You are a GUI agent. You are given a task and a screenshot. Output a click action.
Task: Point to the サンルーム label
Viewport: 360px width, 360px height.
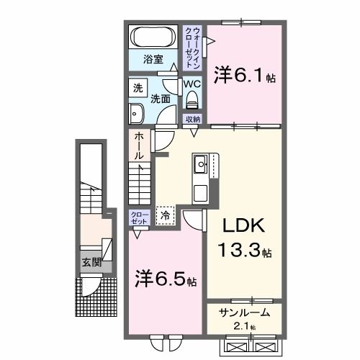[244, 314]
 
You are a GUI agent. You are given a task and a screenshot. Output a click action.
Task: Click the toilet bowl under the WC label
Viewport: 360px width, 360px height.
[191, 102]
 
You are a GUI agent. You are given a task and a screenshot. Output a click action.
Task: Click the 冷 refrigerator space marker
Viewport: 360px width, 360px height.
[166, 215]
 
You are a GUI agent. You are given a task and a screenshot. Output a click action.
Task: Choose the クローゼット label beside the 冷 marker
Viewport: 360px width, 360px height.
[139, 217]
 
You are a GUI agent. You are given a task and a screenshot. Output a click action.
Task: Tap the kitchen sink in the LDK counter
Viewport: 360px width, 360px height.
[200, 167]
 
